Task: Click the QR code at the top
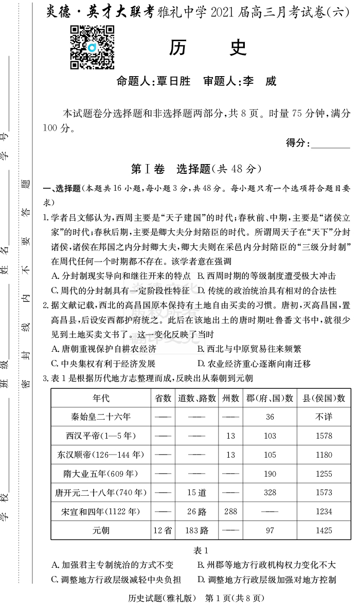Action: pos(92,47)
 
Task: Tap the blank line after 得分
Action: pos(331,144)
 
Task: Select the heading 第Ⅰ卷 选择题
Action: pos(196,169)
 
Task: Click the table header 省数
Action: pos(163,398)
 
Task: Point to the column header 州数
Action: pos(230,398)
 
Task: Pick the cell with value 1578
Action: pos(323,436)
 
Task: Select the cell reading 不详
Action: pos(323,417)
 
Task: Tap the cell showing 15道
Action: pos(196,493)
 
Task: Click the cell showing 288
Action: pos(230,511)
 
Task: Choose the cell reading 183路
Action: pos(196,530)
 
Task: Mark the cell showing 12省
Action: pos(163,530)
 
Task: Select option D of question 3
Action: pos(266,580)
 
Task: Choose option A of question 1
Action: pos(121,276)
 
